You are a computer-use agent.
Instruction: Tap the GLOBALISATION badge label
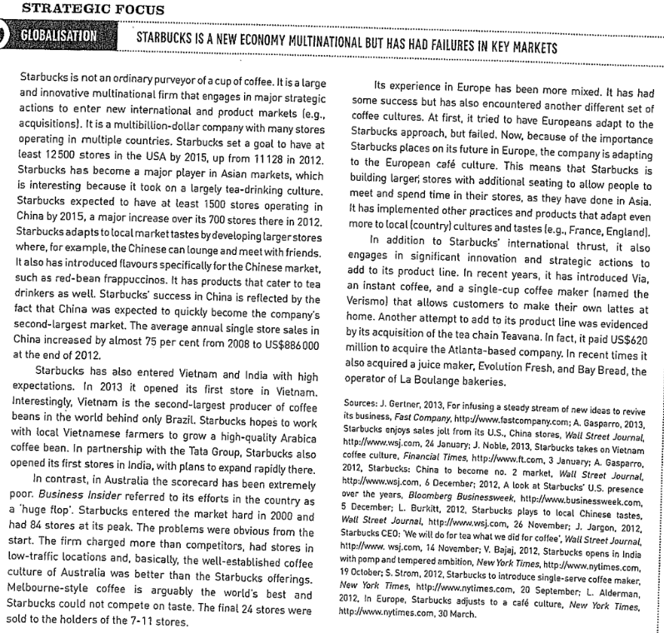(x=60, y=38)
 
